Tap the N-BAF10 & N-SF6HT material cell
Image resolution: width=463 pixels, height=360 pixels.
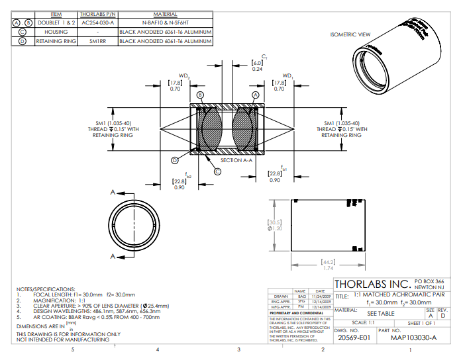click(x=165, y=22)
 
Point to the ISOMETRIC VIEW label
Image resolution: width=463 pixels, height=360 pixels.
click(x=350, y=34)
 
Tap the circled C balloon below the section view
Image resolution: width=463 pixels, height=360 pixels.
click(x=217, y=171)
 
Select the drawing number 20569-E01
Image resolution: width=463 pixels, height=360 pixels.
click(x=354, y=337)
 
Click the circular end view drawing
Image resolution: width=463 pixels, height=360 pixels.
click(x=134, y=223)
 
